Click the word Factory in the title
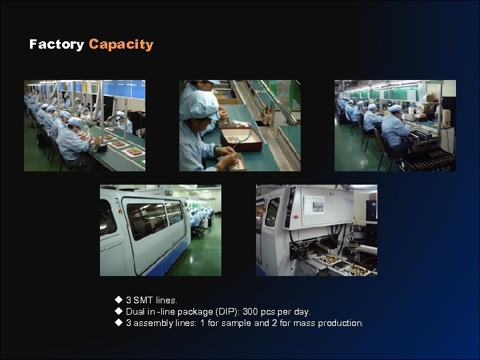click(x=56, y=45)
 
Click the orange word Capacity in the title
click(x=121, y=45)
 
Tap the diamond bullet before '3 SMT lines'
click(x=119, y=301)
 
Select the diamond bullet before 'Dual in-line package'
click(x=119, y=312)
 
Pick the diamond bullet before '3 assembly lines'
click(x=119, y=323)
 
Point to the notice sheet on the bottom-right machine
click(x=313, y=205)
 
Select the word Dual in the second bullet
click(x=135, y=312)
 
